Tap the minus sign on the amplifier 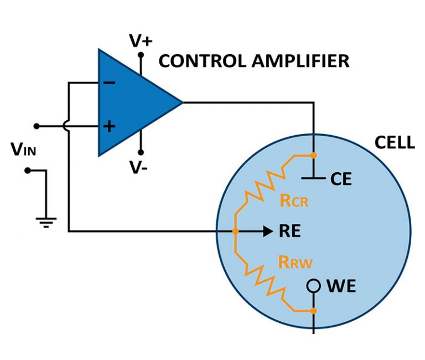(x=110, y=83)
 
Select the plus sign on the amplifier (x=110, y=126)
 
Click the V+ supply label (x=141, y=40)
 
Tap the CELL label (x=394, y=142)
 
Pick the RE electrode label (x=291, y=231)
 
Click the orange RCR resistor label (x=294, y=200)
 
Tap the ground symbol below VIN (x=45, y=222)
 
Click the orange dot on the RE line (x=235, y=231)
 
